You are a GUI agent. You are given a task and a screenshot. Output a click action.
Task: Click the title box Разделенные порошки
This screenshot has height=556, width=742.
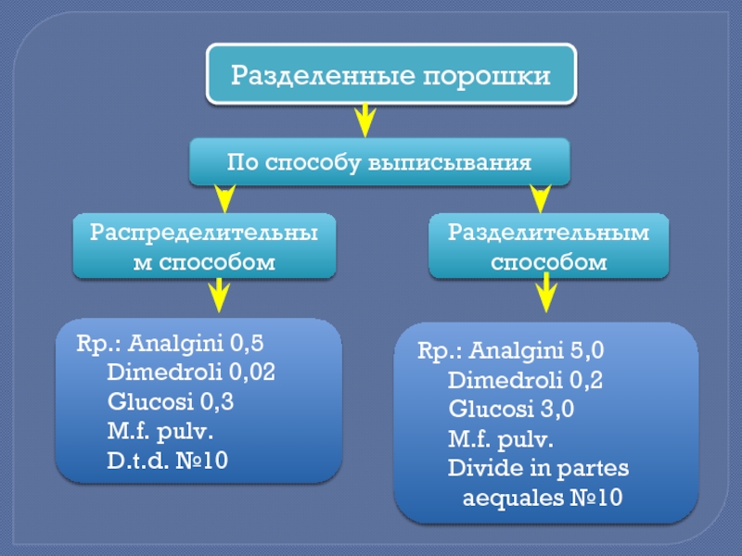[390, 73]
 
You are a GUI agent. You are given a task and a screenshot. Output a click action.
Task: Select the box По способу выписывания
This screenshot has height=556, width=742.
[378, 162]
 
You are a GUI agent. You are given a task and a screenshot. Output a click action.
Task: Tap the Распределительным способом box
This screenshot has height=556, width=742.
[205, 246]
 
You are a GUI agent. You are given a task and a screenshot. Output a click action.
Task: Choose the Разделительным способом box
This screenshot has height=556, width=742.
[548, 246]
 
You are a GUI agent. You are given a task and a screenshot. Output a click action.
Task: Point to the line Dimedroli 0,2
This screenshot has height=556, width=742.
[525, 380]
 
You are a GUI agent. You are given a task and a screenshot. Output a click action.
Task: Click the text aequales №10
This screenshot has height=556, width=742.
[542, 498]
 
